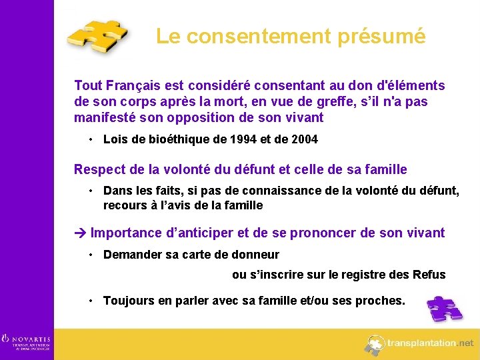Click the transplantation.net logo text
tap(431, 343)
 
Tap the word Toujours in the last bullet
tap(128, 301)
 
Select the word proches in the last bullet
tap(380, 301)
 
